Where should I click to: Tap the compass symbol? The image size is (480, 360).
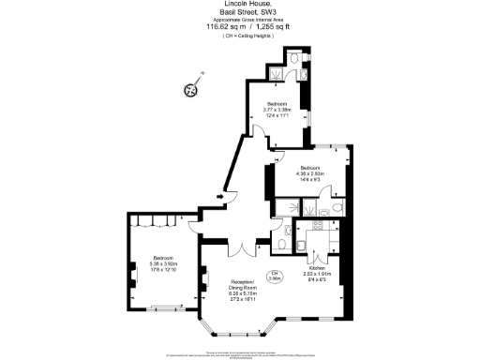190,89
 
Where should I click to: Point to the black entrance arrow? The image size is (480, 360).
219,196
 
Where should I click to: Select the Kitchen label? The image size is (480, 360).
321,270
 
